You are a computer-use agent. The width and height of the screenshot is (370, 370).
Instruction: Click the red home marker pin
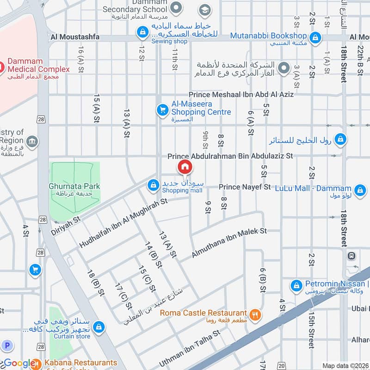click(x=185, y=166)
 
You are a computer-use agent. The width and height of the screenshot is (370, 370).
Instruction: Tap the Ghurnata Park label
click(x=74, y=186)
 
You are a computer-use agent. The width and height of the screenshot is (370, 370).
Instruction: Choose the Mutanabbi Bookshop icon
click(x=315, y=36)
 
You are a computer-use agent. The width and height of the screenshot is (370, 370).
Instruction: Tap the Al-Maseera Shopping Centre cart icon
click(x=162, y=109)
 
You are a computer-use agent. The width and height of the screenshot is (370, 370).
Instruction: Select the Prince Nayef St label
click(x=245, y=187)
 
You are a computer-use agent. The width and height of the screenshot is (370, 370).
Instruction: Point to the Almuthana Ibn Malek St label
click(x=230, y=243)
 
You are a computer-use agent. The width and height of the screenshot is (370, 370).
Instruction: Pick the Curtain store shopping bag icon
click(x=98, y=327)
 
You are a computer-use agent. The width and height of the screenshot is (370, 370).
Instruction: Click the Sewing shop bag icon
click(x=142, y=32)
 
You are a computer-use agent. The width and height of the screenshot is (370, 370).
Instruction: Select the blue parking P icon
click(x=6, y=345)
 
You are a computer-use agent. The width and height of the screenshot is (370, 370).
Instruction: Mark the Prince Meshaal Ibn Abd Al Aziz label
click(x=240, y=94)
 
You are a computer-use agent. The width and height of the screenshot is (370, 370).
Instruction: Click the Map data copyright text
click(x=345, y=365)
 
